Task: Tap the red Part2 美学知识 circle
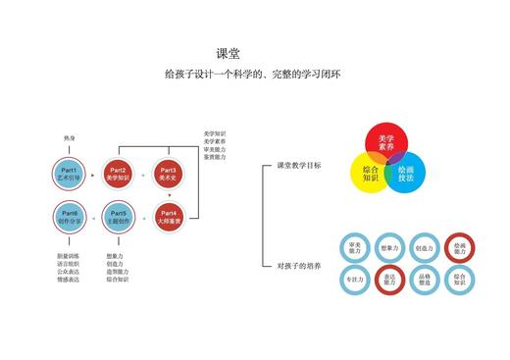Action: tap(119, 175)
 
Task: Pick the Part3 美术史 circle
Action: tap(169, 175)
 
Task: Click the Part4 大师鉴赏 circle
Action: tap(169, 216)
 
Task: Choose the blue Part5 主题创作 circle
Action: tap(119, 216)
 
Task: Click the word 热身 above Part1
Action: tap(70, 138)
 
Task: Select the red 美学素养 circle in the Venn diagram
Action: tap(385, 144)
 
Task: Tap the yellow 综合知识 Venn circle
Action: tap(369, 174)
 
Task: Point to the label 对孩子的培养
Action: tap(299, 266)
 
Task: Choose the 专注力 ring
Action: tap(354, 280)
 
